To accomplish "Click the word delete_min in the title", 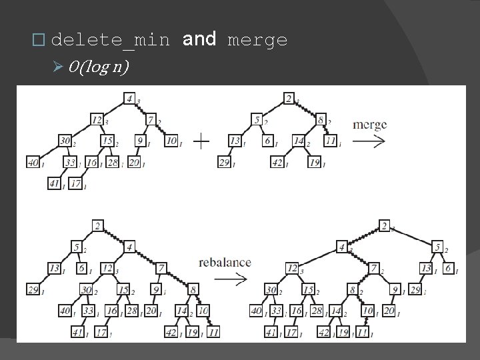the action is (x=110, y=41).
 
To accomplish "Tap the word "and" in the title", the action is (x=199, y=40).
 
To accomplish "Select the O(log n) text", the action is (x=99, y=68).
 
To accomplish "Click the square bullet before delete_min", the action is (x=39, y=41).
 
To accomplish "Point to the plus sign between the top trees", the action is (x=201, y=141).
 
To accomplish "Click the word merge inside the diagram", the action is (x=369, y=125).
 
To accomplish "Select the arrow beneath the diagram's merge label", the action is (x=369, y=141).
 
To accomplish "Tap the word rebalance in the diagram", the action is (x=225, y=262).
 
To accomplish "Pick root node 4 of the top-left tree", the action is (x=130, y=99).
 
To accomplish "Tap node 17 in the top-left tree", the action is (x=75, y=183).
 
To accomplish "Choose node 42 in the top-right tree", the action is (x=277, y=162).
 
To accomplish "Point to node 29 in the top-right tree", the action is (x=225, y=162).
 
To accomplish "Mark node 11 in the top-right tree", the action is (x=330, y=141).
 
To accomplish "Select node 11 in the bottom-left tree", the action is (x=213, y=331).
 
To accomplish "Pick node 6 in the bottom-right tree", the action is (x=449, y=267).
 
